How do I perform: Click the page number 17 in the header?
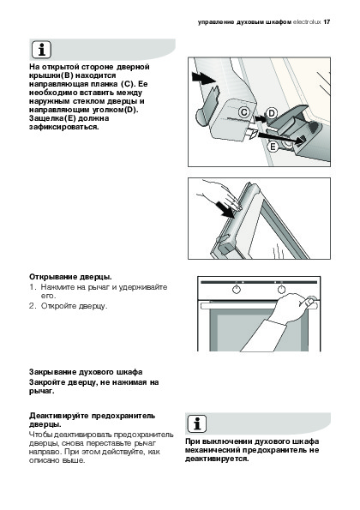pos(327,22)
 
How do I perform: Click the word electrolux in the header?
pos(307,22)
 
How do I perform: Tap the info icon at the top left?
pos(41,50)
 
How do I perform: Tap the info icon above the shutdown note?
pos(197,423)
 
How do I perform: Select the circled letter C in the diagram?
pos(244,112)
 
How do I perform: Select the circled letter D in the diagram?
pos(271,113)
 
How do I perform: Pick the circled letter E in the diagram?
pos(273,147)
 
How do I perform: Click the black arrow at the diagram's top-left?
pos(203,78)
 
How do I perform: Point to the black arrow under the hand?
pos(226,210)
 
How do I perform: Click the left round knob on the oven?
pos(237,289)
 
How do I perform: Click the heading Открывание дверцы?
pos(70,277)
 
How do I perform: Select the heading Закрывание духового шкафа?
pos(86,372)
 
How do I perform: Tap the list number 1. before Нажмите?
pos(32,287)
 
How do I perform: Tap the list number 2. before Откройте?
pos(32,306)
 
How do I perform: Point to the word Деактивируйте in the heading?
pos(59,416)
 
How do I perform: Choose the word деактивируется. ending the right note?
pos(217,459)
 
